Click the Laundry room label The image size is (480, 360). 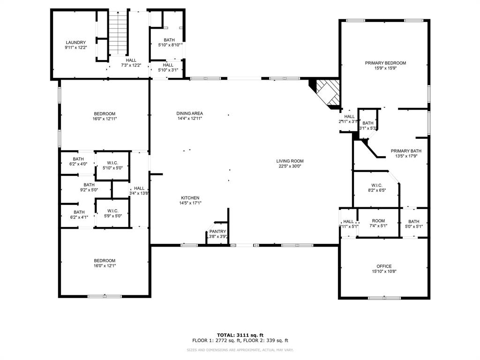75,43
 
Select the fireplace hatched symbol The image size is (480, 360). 327,92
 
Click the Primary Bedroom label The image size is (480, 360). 385,63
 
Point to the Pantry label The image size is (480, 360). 217,231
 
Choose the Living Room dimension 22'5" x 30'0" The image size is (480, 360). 290,166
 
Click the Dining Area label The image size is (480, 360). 189,113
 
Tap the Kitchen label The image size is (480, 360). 190,198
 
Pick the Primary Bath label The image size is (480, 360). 406,151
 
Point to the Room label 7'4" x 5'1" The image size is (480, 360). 378,221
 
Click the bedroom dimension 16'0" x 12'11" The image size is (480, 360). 104,119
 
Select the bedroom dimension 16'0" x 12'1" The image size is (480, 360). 104,266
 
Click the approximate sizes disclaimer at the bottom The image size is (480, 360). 240,350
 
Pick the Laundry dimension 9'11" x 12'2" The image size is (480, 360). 75,48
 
